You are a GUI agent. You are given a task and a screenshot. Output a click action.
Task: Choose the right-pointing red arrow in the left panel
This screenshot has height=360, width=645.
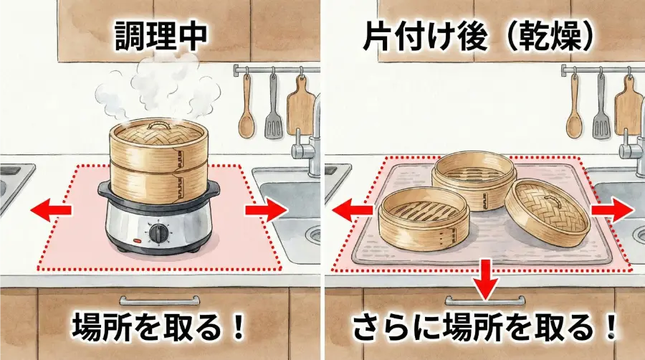click(264, 210)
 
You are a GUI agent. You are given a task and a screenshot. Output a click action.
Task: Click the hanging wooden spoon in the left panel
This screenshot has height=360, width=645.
click(247, 108)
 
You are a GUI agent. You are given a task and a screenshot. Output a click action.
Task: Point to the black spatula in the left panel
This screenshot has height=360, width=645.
click(273, 108)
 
